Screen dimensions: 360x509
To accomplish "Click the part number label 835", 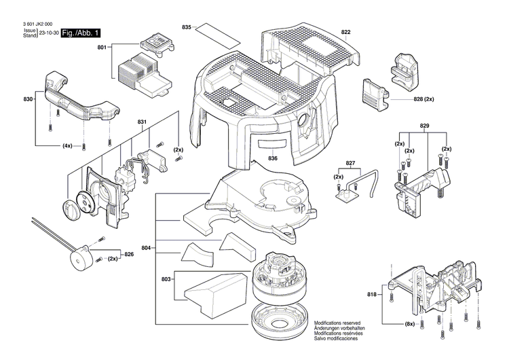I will point(187,26).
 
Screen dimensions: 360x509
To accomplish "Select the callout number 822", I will point(346,33).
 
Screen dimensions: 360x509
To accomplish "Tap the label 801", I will point(102,48).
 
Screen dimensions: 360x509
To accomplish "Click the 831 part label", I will point(142,122).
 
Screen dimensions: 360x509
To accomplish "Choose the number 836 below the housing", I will point(273,158).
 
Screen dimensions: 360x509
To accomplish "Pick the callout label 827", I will point(350,164).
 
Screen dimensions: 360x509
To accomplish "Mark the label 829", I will point(424,127).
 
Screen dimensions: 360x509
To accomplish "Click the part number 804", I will point(147,247).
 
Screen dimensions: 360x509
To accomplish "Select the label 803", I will point(166,279).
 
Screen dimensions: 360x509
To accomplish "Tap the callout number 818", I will point(371,294).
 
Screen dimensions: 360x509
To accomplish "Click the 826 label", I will point(128,254).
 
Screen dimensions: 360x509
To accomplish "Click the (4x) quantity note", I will point(68,146).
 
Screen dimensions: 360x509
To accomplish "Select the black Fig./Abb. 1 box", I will point(81,33).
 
